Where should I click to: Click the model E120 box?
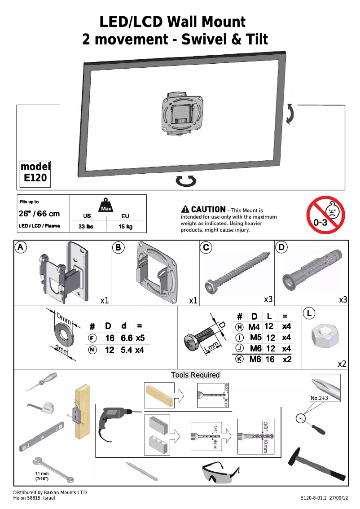point(35,174)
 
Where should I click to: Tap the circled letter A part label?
point(20,247)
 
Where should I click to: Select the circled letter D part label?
point(281,247)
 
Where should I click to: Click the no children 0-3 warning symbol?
point(325,215)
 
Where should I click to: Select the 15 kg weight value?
point(125,227)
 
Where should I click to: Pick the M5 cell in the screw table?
point(255,338)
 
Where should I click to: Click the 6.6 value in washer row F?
point(126,338)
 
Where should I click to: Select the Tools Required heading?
point(195,375)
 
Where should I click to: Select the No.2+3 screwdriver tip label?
point(319,398)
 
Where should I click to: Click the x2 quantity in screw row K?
point(287,360)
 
